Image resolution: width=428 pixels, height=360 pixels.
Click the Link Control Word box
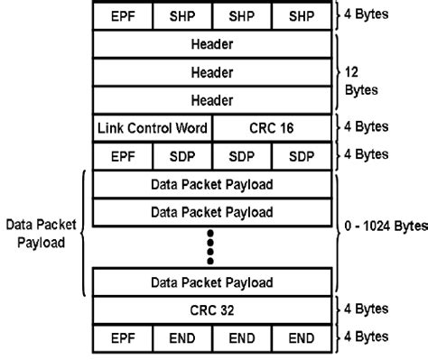pos(153,129)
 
